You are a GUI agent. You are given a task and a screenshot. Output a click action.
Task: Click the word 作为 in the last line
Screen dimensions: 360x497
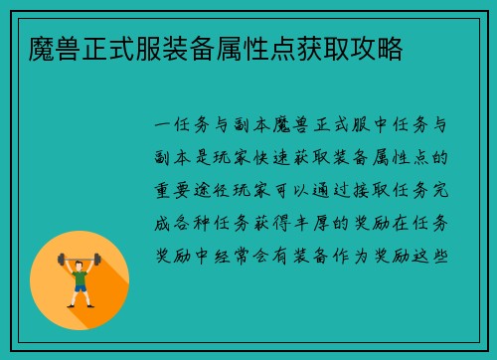coord(369,253)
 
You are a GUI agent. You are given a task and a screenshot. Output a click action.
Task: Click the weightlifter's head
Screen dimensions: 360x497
coord(80,264)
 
